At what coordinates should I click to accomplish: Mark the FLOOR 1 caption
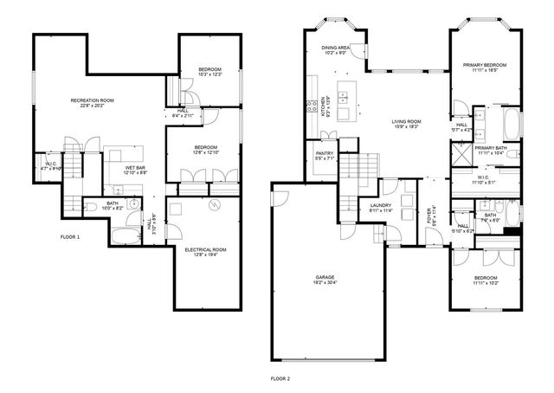70,237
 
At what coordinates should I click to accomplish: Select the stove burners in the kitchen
309,108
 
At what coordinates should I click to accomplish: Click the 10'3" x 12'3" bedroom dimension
209,74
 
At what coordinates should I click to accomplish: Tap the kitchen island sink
346,98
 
